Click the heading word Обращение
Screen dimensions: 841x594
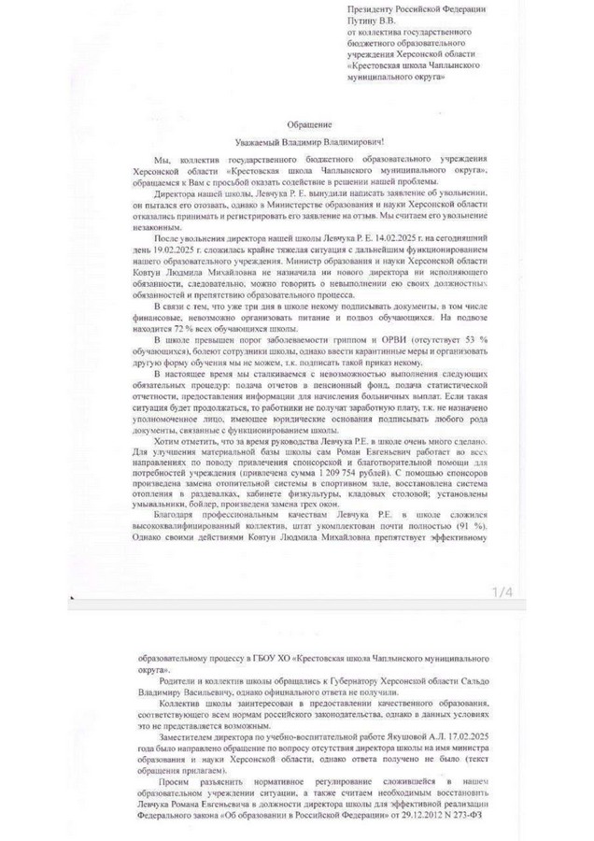click(x=296, y=123)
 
